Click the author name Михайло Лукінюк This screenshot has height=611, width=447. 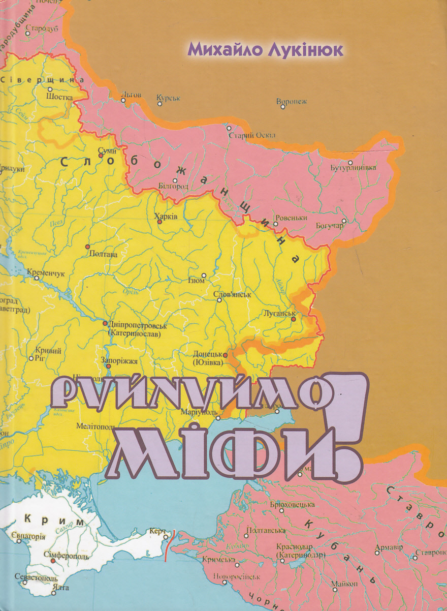265,49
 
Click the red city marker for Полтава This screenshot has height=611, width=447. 87,246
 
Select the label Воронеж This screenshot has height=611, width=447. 292,102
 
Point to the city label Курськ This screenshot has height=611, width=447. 168,96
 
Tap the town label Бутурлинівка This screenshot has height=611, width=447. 353,168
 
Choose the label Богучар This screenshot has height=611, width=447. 329,226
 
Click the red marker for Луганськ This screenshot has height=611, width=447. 293,319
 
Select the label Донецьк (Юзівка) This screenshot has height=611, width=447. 208,358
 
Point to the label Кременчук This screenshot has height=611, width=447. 46,273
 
